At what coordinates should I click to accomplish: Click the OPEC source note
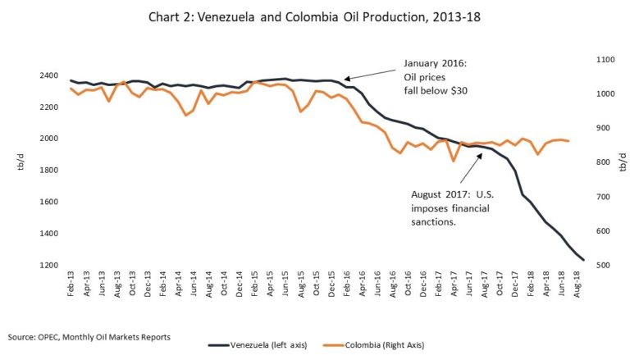click(x=90, y=336)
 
